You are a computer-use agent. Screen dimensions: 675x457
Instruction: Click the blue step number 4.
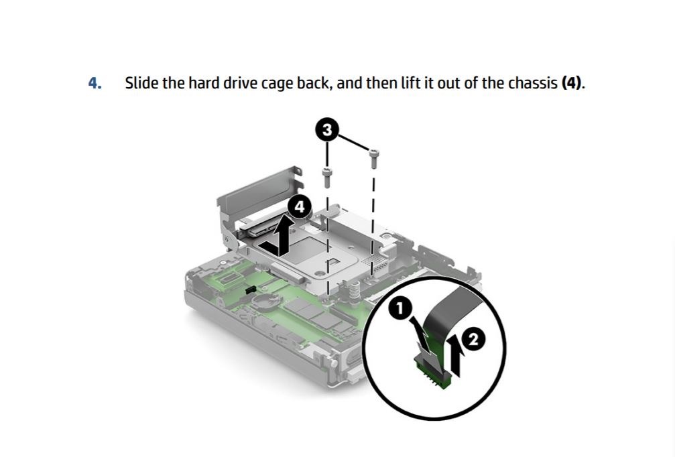point(95,82)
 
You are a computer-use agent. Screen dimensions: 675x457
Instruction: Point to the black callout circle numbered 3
point(327,129)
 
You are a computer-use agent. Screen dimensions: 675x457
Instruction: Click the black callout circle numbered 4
point(299,206)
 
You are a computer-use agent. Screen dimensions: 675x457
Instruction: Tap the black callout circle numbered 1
point(400,308)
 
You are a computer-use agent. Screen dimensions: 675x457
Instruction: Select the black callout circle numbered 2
point(473,340)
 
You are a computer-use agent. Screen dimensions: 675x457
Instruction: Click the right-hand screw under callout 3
point(373,158)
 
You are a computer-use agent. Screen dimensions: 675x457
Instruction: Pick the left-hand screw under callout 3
point(327,177)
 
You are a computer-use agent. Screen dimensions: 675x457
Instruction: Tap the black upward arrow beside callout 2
point(456,354)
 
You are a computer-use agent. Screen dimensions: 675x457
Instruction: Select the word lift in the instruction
point(410,82)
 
